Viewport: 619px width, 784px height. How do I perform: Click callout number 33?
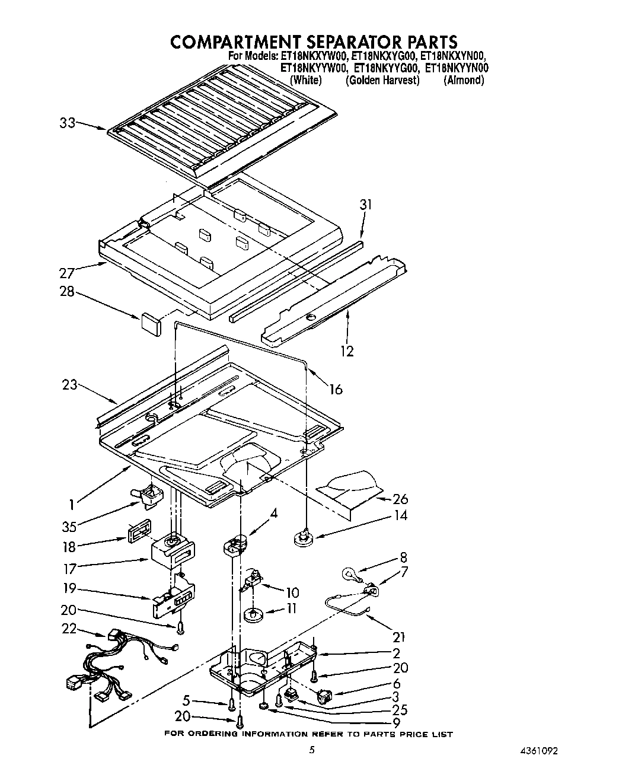[68, 123]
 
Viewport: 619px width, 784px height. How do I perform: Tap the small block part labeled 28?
[151, 324]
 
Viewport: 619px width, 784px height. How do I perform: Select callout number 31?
[366, 205]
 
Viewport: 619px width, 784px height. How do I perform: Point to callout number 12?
[347, 351]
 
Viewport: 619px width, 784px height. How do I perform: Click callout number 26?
[401, 499]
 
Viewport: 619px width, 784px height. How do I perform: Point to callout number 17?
[70, 569]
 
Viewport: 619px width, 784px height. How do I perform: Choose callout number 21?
[398, 638]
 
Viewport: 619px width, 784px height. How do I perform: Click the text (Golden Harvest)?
[382, 80]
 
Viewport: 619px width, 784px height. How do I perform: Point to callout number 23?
[69, 385]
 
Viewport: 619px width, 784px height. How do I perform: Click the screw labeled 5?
[232, 704]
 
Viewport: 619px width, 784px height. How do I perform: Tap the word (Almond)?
[464, 80]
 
